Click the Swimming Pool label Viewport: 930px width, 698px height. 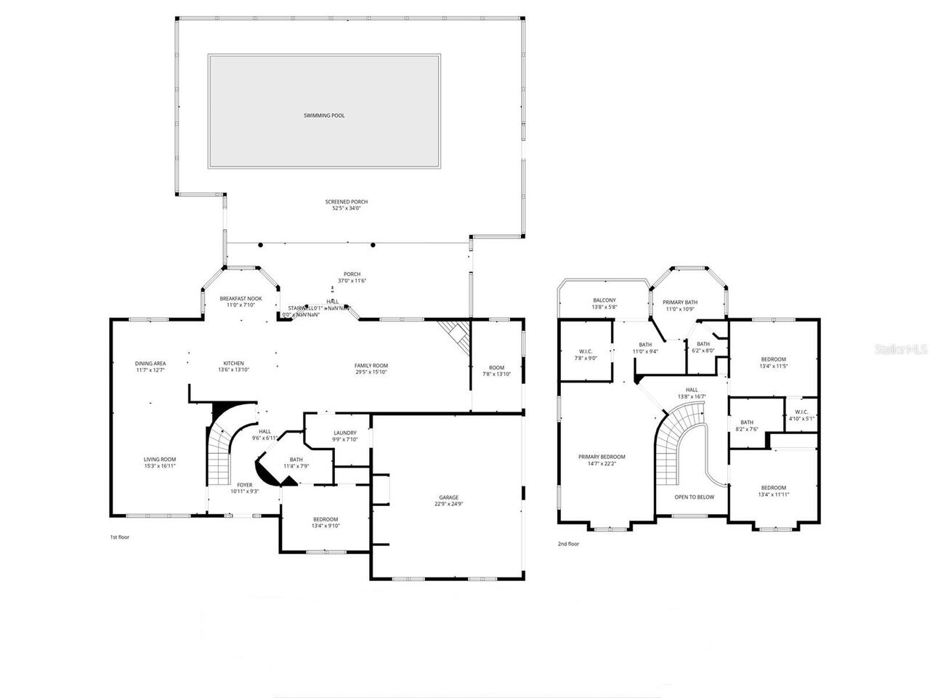click(324, 116)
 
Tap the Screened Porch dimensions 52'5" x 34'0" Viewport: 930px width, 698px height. click(346, 209)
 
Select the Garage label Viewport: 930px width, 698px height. click(448, 497)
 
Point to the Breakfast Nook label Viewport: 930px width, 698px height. click(240, 299)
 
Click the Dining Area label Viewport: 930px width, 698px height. click(150, 364)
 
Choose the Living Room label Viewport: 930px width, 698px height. click(159, 460)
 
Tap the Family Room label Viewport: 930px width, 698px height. click(371, 366)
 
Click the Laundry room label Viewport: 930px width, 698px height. click(345, 433)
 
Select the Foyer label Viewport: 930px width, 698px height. click(245, 485)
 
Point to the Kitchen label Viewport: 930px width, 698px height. click(233, 364)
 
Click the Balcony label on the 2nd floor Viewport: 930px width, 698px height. click(604, 300)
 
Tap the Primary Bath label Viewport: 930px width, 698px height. click(680, 302)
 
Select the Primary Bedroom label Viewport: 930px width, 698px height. click(602, 457)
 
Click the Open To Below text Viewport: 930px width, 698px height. click(694, 497)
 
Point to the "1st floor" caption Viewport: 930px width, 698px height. click(119, 537)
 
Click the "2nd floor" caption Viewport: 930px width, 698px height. click(568, 544)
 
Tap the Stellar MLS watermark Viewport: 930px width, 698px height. click(901, 350)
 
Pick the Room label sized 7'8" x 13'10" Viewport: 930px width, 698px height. click(496, 368)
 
